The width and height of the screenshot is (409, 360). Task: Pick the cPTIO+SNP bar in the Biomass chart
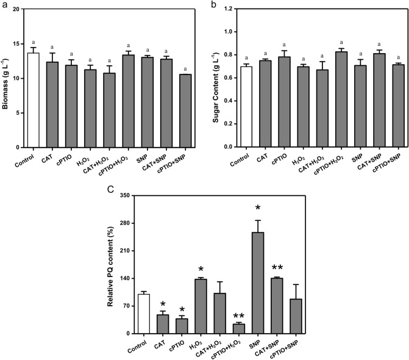[x=184, y=110]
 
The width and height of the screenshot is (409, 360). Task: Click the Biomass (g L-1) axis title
[x=5, y=78]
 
